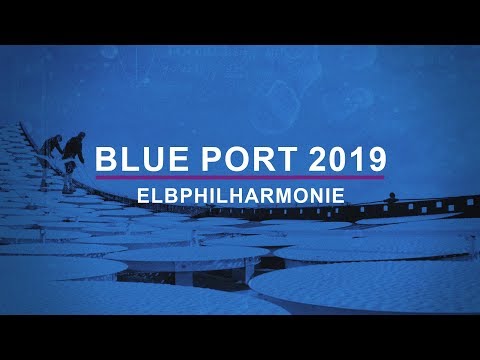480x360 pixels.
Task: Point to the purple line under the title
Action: point(240,177)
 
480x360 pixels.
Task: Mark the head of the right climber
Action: point(79,137)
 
